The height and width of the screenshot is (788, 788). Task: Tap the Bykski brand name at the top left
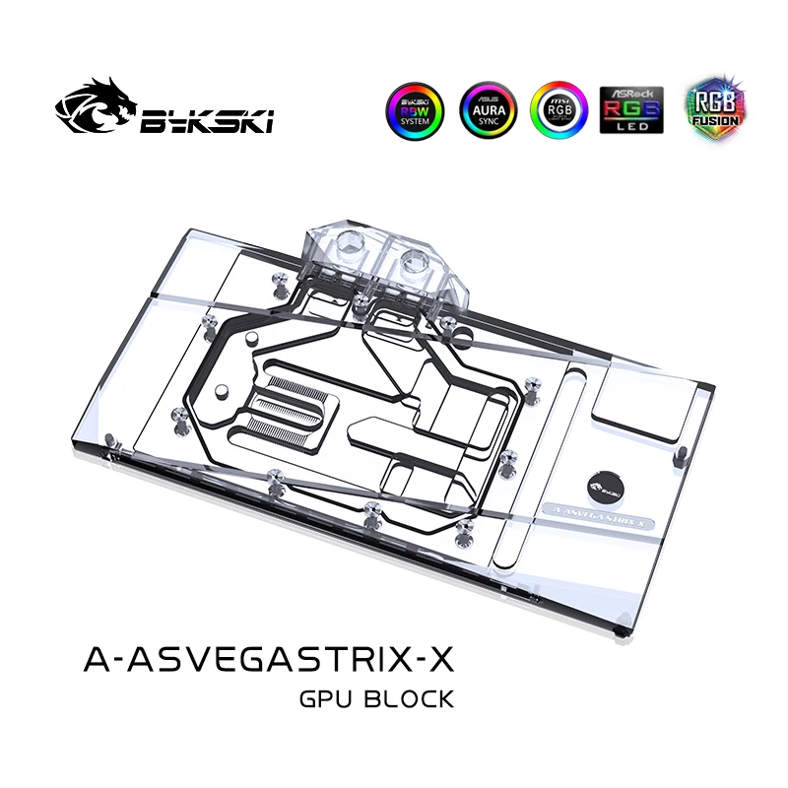pyautogui.click(x=207, y=119)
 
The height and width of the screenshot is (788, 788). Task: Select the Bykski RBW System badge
pyautogui.click(x=417, y=110)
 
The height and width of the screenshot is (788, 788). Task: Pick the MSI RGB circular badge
pyautogui.click(x=559, y=110)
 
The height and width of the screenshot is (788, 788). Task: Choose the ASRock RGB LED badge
pyautogui.click(x=631, y=110)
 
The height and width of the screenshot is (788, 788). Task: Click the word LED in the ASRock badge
pyautogui.click(x=631, y=127)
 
